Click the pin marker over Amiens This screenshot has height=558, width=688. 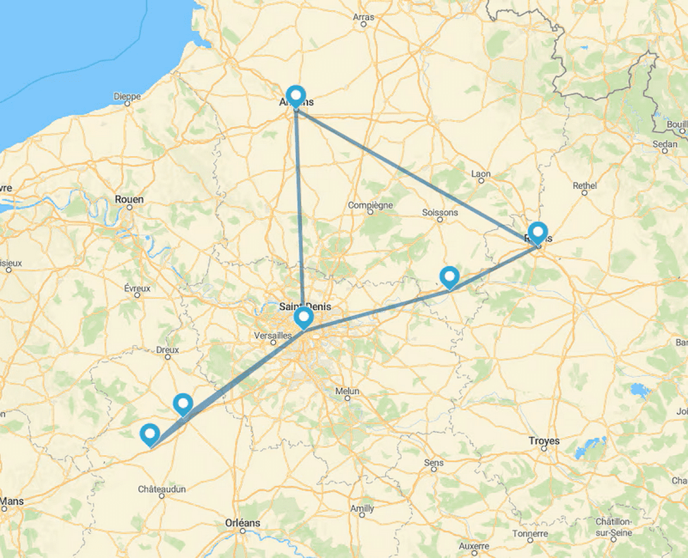(295, 96)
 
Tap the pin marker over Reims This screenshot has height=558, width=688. (537, 232)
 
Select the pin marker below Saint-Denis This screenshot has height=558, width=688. (303, 317)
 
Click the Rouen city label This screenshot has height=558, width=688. (129, 199)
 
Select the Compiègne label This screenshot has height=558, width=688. (370, 205)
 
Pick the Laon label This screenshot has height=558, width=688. (481, 174)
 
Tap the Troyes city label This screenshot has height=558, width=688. (544, 440)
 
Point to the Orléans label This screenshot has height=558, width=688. (243, 523)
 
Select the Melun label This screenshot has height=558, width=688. (347, 391)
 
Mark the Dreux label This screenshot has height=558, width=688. (167, 350)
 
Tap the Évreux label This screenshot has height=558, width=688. (138, 289)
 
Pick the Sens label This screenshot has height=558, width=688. (434, 463)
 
